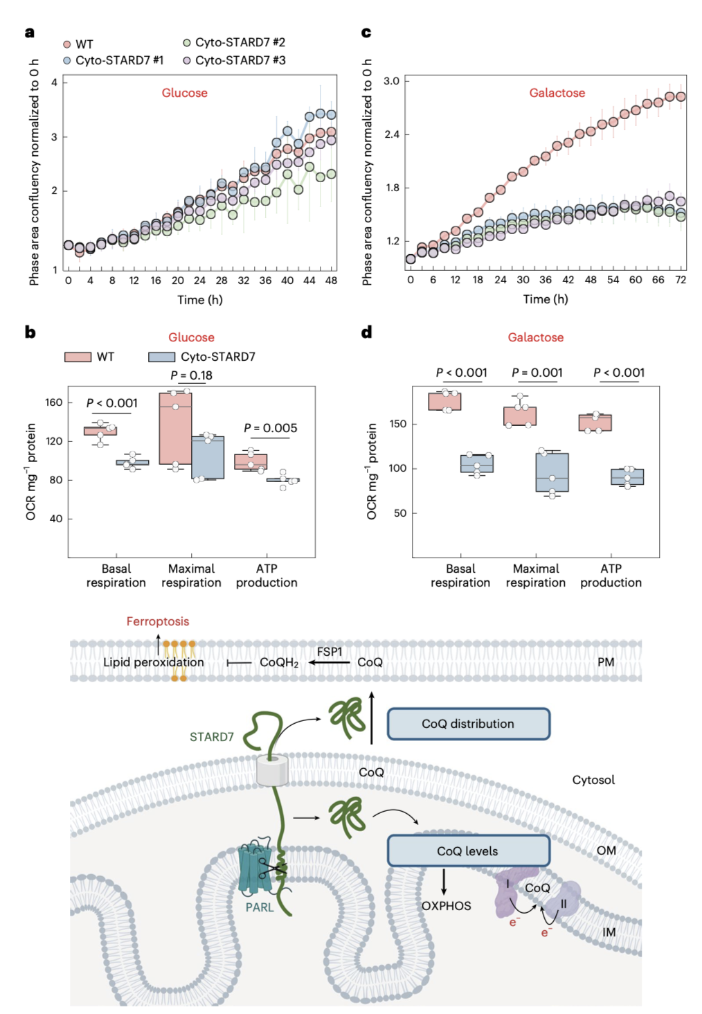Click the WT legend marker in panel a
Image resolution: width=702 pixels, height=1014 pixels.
click(67, 44)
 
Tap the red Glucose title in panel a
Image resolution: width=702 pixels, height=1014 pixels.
click(184, 93)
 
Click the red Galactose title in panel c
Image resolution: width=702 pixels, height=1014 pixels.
click(557, 93)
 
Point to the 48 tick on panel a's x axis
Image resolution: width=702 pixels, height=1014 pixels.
click(331, 281)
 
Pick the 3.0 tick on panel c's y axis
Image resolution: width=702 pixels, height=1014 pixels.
click(392, 81)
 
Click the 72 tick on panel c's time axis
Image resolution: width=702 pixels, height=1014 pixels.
click(681, 280)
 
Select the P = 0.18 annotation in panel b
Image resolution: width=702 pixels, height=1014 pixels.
click(191, 375)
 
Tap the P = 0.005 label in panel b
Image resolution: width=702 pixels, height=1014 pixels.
click(270, 428)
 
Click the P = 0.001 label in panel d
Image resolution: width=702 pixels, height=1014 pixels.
click(537, 373)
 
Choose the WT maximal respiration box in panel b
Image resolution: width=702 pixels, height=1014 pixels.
click(175, 429)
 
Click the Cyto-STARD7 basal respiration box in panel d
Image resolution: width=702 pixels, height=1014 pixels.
click(476, 463)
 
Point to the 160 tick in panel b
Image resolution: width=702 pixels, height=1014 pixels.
click(54, 402)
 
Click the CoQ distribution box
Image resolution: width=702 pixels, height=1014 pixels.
click(468, 724)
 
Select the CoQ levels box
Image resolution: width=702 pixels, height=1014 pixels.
click(468, 851)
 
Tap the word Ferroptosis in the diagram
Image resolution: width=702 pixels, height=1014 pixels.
click(157, 621)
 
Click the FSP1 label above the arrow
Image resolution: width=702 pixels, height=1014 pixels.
click(330, 652)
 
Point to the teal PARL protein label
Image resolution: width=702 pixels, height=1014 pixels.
click(260, 907)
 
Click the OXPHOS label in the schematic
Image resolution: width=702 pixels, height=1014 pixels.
click(446, 906)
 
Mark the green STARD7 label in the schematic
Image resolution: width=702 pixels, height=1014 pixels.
click(211, 737)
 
